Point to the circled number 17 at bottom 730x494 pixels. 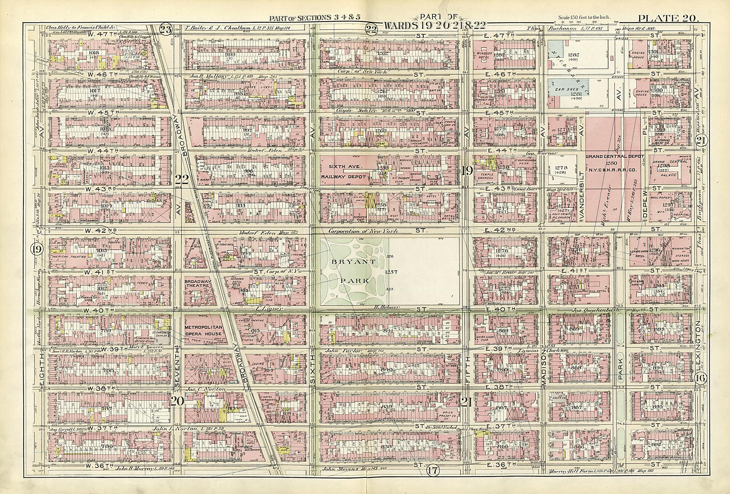432,470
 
